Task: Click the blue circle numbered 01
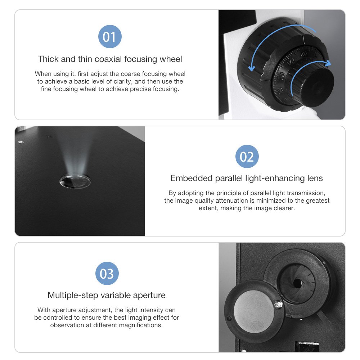[x=110, y=36]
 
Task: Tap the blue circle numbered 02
[x=247, y=156]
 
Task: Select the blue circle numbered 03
[x=107, y=274]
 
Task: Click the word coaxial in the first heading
[x=108, y=59]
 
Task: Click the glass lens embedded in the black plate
[x=75, y=181]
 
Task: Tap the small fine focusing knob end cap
[x=318, y=87]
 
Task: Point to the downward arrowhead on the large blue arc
[x=252, y=68]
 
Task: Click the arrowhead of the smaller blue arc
[x=328, y=63]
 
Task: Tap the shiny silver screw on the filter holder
[x=279, y=305]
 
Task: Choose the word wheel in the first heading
[x=171, y=59]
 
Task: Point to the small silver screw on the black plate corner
[x=21, y=142]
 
